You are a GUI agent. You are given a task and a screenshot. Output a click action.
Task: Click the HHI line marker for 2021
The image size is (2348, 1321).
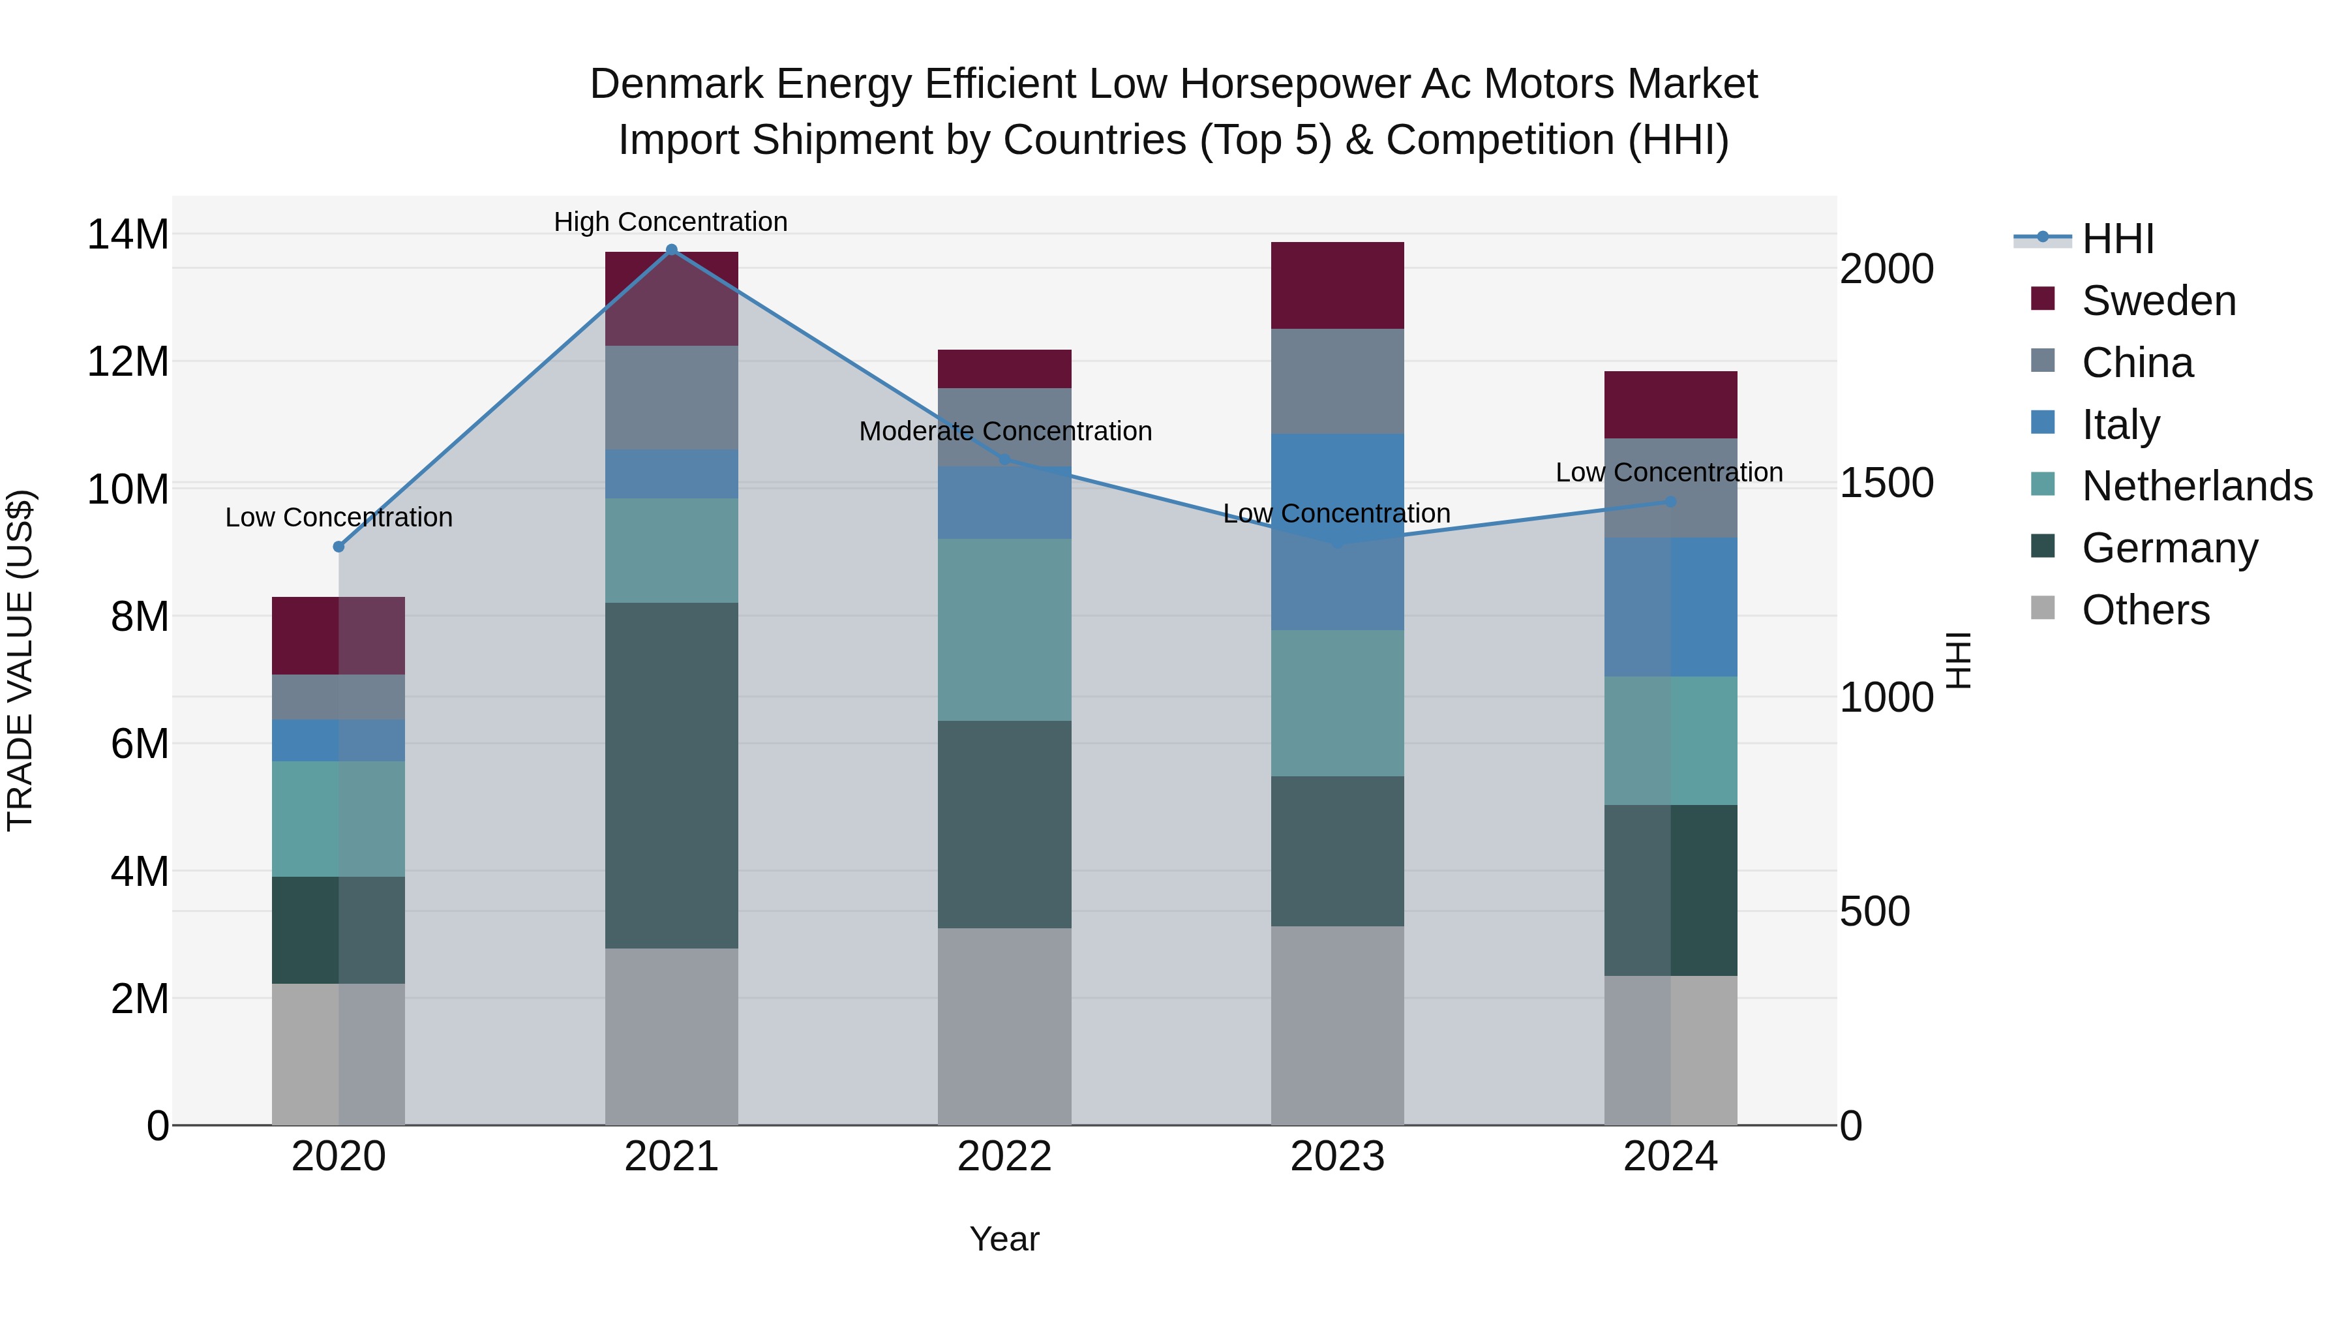[x=672, y=250]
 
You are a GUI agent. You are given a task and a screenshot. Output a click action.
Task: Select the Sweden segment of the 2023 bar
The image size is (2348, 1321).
[x=1337, y=285]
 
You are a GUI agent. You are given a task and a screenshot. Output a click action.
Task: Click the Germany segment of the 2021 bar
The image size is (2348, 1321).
[x=672, y=775]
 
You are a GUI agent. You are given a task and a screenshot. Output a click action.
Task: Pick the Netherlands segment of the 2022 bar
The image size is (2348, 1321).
[x=1004, y=629]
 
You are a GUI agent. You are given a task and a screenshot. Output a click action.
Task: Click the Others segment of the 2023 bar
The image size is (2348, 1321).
[x=1337, y=1025]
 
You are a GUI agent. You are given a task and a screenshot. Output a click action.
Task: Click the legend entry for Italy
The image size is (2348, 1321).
[x=2120, y=425]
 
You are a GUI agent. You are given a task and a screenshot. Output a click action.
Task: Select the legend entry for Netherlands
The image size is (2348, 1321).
[x=2197, y=486]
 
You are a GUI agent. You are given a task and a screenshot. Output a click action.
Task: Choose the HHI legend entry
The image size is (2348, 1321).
[x=2117, y=239]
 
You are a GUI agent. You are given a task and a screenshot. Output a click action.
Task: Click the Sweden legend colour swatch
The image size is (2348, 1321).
[x=2043, y=299]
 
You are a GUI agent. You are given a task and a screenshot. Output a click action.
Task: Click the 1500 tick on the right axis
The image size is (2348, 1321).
[x=1886, y=483]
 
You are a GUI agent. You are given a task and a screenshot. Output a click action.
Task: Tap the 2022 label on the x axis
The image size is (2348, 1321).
[x=1004, y=1157]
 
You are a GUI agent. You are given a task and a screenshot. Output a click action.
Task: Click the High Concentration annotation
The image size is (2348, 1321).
[x=671, y=222]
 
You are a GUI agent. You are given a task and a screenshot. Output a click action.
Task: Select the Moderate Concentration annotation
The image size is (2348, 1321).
[x=1005, y=431]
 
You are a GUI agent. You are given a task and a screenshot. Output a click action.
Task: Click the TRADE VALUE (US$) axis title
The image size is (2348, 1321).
[x=20, y=660]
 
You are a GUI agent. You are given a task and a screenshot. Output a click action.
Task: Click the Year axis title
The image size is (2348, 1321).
[x=1004, y=1239]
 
